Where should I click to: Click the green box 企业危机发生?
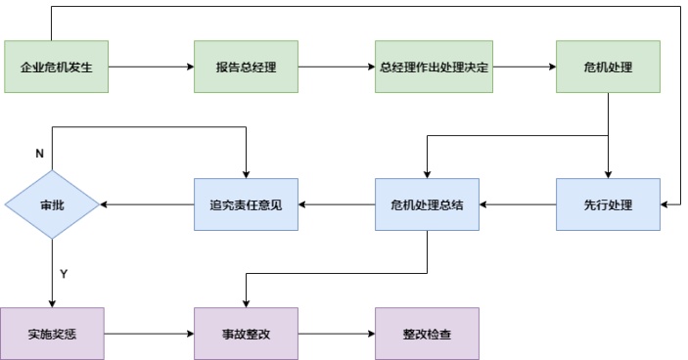pyautogui.click(x=56, y=67)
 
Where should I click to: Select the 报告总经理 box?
pyautogui.click(x=246, y=67)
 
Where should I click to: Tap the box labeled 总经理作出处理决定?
pyautogui.click(x=427, y=67)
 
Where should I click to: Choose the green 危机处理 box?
pyautogui.click(x=608, y=67)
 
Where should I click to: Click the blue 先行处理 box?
pyautogui.click(x=608, y=204)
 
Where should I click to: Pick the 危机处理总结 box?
pyautogui.click(x=427, y=204)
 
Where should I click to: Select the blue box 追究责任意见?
pyautogui.click(x=246, y=204)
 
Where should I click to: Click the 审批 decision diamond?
pyautogui.click(x=52, y=204)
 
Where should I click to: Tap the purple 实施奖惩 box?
pyautogui.click(x=52, y=334)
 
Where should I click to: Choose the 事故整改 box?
pyautogui.click(x=246, y=334)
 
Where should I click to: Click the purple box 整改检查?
pyautogui.click(x=427, y=334)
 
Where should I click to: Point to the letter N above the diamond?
pyautogui.click(x=39, y=155)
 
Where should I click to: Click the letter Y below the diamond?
pyautogui.click(x=64, y=274)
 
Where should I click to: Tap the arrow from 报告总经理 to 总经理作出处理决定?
pyautogui.click(x=336, y=67)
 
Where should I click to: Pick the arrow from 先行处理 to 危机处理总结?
pyautogui.click(x=518, y=204)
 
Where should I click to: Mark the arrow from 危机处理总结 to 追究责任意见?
pyautogui.click(x=336, y=204)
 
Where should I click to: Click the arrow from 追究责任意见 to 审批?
pyautogui.click(x=147, y=204)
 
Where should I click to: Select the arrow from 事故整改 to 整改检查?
pyautogui.click(x=336, y=334)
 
